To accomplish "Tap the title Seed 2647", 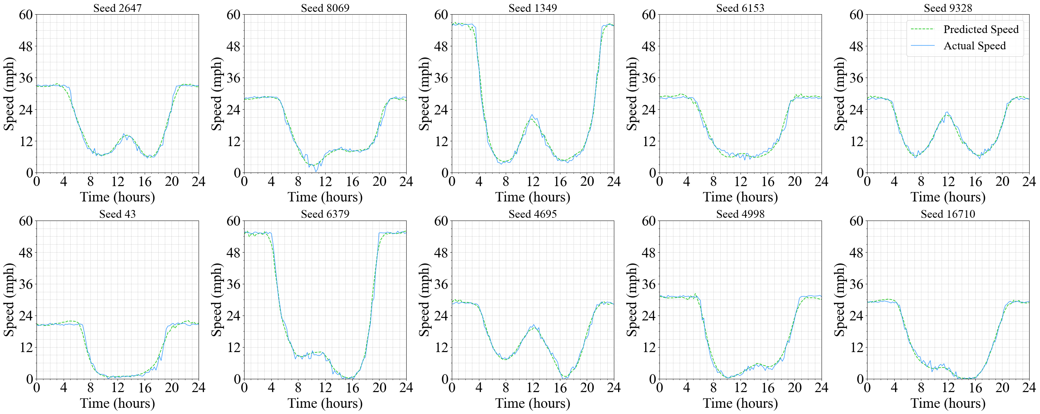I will point(118,8).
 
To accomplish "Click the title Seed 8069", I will point(325,8).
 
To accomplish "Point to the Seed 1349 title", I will point(533,8).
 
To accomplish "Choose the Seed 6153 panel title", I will point(740,8).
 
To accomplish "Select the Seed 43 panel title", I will point(118,214).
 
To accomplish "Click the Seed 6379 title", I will point(325,214).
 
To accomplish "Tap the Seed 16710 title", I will point(947,214).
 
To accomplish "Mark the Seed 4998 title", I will point(740,214).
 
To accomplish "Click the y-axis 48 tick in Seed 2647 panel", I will point(26,47).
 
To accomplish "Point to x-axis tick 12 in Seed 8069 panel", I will point(325,182).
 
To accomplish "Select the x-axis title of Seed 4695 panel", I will point(533,403).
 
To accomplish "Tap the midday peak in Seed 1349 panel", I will point(532,116).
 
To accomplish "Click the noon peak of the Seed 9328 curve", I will point(947,113).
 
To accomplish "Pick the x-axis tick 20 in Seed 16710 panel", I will point(1002,388).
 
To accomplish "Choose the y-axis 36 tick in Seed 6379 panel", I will point(233,284).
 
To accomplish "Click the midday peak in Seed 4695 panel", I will point(534,325).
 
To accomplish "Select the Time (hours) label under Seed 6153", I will point(740,197).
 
